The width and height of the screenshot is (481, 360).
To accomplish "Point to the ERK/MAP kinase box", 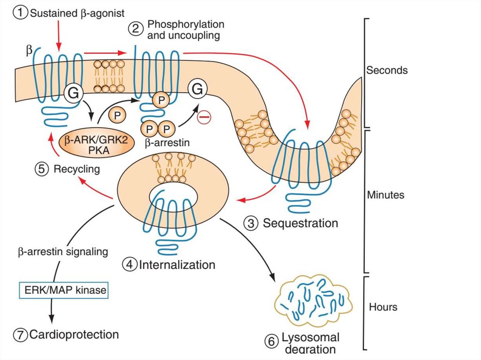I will (x=63, y=291).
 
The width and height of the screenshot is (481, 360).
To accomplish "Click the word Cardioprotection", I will (x=74, y=335).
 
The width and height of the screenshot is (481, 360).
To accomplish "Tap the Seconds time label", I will (x=387, y=70).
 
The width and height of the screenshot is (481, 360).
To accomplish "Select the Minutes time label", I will (x=386, y=194).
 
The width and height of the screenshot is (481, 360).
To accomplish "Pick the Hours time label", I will (x=383, y=307).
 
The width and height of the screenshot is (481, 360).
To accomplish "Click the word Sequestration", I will (x=300, y=223).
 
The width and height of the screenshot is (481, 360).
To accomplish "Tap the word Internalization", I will (x=177, y=265).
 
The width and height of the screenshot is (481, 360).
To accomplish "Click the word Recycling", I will (x=77, y=169).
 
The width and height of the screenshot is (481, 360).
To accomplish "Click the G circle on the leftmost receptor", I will (x=74, y=93).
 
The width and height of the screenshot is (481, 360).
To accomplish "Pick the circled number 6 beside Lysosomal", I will (x=271, y=342).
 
